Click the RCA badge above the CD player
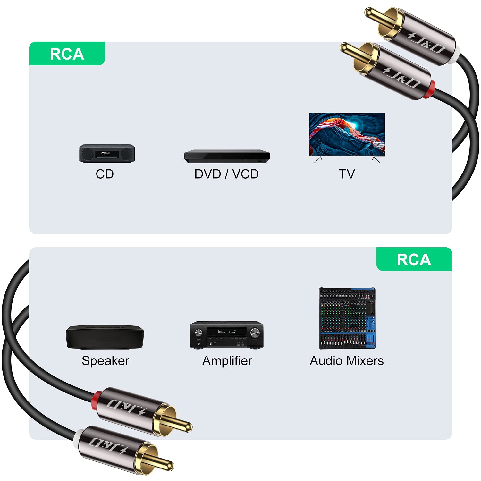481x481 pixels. pos(67,54)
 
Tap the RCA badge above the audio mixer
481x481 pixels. pos(414,259)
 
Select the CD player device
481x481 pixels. pos(107,154)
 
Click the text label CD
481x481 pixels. pos(105,174)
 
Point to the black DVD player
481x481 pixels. pos(227,156)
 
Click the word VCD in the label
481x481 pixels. pos(245,174)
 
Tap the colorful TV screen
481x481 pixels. pos(347,134)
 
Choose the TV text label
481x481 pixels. pos(347,174)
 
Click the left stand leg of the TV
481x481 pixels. pos(318,160)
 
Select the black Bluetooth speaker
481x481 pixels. pos(105,337)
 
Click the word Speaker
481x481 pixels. pos(105,361)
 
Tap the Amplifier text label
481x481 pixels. pos(227,361)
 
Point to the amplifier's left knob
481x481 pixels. pos(198,333)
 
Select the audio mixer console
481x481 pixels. pos(347,318)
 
